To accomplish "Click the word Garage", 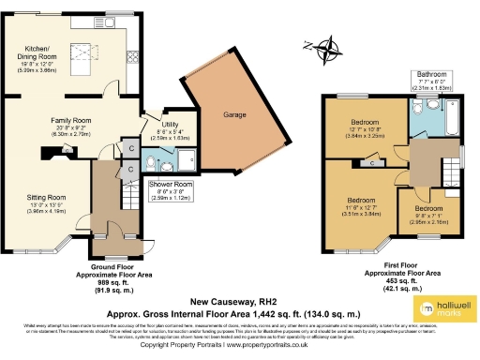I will click(233, 114).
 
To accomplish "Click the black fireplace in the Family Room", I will click(44, 160).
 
